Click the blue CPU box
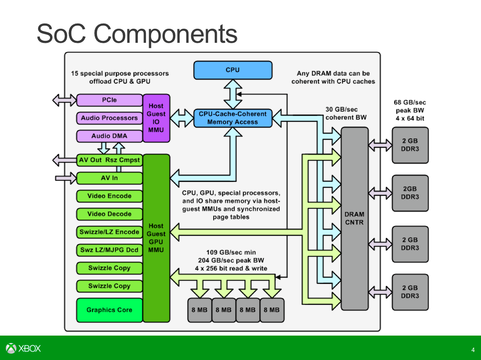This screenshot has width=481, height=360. pos(232,70)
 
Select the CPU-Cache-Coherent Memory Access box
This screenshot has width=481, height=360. pos(232,118)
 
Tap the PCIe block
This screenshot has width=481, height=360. pos(109,100)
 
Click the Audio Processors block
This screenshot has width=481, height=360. pos(109,118)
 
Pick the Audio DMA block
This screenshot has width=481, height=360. pos(109,136)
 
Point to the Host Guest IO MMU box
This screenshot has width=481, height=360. pos(156,118)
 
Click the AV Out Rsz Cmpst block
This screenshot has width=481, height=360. pos(109,160)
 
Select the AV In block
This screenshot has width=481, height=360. pos(109,178)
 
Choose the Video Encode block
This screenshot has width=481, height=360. pos(109,196)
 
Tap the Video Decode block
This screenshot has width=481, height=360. pos(109,214)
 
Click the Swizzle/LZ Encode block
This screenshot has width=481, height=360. pos(109,232)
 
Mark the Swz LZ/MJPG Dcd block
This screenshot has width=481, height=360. pos(109,250)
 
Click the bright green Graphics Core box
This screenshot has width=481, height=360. pos(109,310)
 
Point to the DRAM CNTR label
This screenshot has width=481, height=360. pos(354,218)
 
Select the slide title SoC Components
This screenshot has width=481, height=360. pos(137,34)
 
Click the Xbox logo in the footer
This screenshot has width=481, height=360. pos(23,348)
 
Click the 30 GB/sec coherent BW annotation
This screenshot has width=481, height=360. pos(346,113)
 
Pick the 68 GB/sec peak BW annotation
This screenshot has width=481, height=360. pos(410,110)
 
